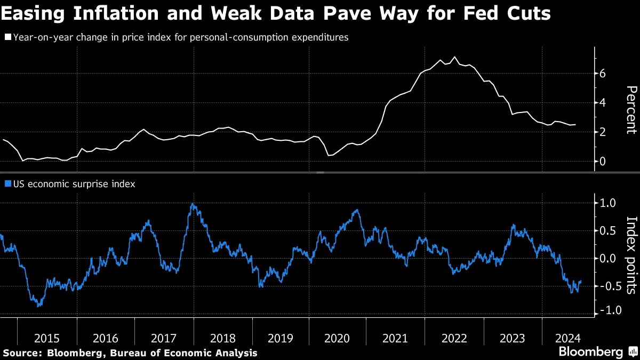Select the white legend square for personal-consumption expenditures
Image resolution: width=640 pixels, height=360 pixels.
pyautogui.click(x=7, y=38)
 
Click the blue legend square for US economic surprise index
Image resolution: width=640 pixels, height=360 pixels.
pyautogui.click(x=7, y=184)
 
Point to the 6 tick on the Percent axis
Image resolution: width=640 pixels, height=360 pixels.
pyautogui.click(x=602, y=74)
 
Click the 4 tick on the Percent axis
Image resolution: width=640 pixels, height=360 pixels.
pyautogui.click(x=602, y=103)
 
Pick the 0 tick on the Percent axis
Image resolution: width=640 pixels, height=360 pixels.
pyautogui.click(x=602, y=161)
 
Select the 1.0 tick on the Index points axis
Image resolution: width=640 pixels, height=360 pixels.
pyautogui.click(x=608, y=203)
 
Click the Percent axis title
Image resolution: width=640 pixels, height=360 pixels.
pyautogui.click(x=631, y=109)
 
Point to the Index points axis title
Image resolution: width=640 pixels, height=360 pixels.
pyautogui.click(x=631, y=254)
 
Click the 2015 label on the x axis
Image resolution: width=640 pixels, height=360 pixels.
pyautogui.click(x=47, y=338)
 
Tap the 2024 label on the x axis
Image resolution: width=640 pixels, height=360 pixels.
pyautogui.click(x=566, y=338)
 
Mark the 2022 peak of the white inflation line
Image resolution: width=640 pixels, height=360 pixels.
pyautogui.click(x=454, y=57)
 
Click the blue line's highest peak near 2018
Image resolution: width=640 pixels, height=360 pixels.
pyautogui.click(x=192, y=204)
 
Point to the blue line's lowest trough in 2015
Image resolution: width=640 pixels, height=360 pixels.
pyautogui.click(x=38, y=306)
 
